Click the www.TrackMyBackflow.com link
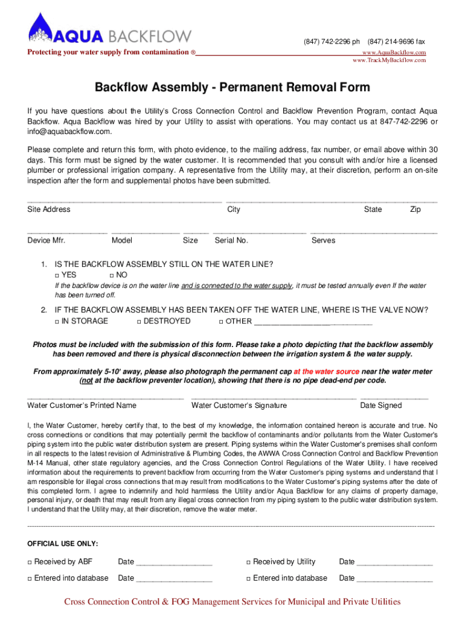(x=390, y=60)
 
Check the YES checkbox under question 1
(x=57, y=275)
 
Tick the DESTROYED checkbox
(x=139, y=322)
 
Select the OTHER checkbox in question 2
(x=221, y=322)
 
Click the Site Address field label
(x=49, y=209)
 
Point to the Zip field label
(x=415, y=209)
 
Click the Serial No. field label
(x=231, y=240)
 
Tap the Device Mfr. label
(x=46, y=240)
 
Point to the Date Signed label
(x=380, y=406)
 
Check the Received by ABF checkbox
(x=30, y=562)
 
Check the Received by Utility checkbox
(x=248, y=562)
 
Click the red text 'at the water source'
(x=326, y=372)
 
